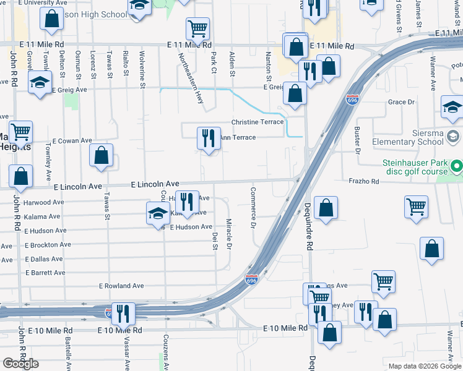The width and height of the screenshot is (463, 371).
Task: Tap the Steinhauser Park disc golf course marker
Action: point(457,166)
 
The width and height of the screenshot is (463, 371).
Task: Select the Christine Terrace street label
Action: point(257,122)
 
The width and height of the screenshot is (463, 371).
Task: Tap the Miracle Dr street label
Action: point(229,234)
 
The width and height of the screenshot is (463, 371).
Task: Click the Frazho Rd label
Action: point(363,181)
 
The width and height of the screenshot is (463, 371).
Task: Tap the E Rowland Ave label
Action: point(121,286)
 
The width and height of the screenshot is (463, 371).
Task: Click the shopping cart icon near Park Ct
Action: point(197,28)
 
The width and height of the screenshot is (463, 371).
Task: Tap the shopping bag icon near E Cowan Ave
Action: point(101,156)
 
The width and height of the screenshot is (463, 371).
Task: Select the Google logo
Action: point(21,364)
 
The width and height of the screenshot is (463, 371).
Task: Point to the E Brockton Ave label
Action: point(48,245)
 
